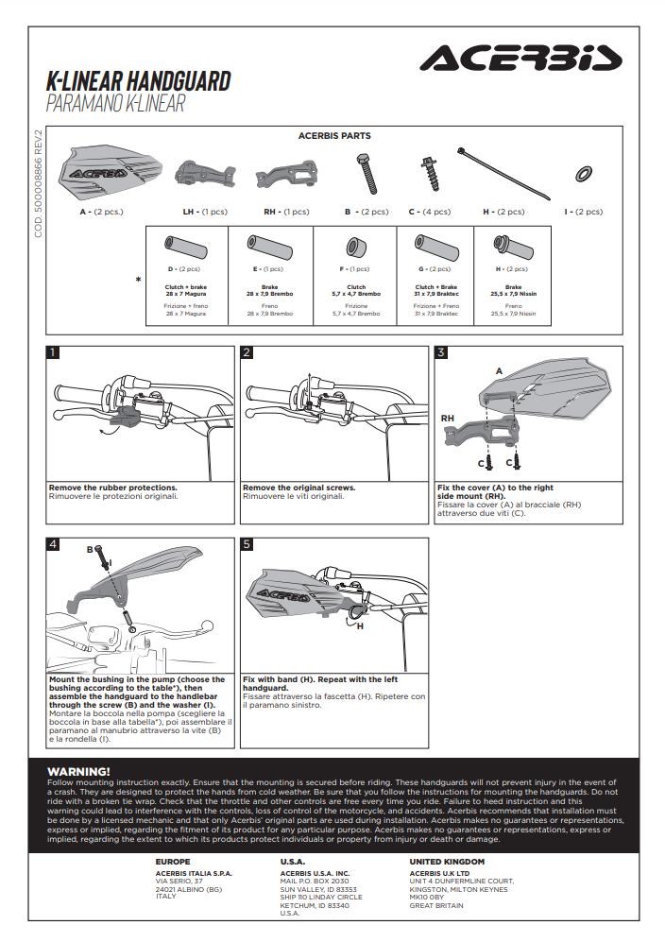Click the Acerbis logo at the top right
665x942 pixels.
(520, 59)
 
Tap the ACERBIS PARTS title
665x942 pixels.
(334, 136)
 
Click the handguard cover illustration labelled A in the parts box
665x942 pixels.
(101, 172)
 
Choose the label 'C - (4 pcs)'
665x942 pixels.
(429, 213)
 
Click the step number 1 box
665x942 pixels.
(54, 353)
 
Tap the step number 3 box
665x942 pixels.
(441, 353)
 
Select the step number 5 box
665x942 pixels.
(247, 544)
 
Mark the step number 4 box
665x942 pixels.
(54, 544)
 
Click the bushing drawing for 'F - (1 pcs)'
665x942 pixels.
(356, 249)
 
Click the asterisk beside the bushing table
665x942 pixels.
(139, 280)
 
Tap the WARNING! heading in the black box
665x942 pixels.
(78, 771)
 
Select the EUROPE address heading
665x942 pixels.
(173, 862)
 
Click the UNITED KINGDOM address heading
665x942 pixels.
(447, 862)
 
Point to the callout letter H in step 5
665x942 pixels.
(361, 625)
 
